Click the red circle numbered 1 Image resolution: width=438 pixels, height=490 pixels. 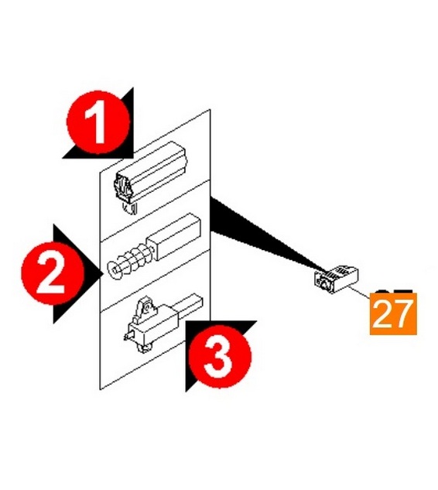[98, 122]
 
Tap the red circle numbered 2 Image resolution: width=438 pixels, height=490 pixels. [53, 273]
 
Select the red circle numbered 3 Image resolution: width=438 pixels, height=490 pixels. [220, 356]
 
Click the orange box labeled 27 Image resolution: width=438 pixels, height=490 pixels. [393, 314]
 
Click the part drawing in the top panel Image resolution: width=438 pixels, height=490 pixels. [149, 177]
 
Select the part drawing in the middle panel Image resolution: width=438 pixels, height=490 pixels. [153, 247]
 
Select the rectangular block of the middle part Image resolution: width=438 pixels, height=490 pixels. [173, 237]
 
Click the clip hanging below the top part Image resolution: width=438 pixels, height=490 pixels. [130, 207]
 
